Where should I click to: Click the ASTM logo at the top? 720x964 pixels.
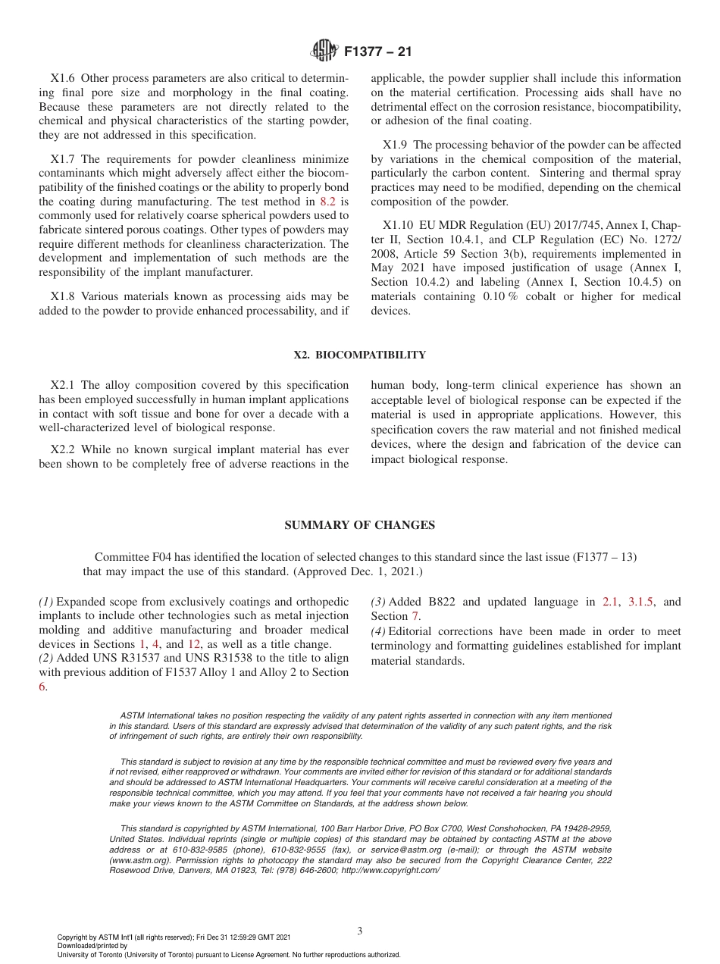click(325, 52)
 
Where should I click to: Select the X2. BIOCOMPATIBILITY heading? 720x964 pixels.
click(359, 355)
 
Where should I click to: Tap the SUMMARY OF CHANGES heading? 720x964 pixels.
click(359, 525)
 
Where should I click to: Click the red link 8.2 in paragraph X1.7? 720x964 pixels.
click(327, 202)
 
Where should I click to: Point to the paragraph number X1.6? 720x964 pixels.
click(64, 78)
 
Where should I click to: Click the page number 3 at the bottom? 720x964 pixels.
click(359, 931)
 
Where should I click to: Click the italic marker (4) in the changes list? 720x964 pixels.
click(377, 631)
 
